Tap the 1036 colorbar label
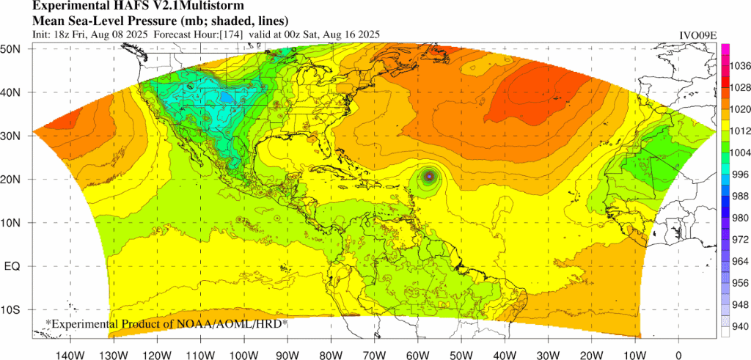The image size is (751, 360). pyautogui.click(x=740, y=66)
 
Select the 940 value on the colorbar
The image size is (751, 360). pyautogui.click(x=740, y=327)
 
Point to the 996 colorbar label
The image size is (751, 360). pyautogui.click(x=740, y=175)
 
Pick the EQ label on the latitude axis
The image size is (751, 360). pyautogui.click(x=12, y=266)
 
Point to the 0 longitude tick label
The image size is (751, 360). pyautogui.click(x=678, y=347)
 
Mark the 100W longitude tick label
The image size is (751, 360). pyautogui.click(x=243, y=347)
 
